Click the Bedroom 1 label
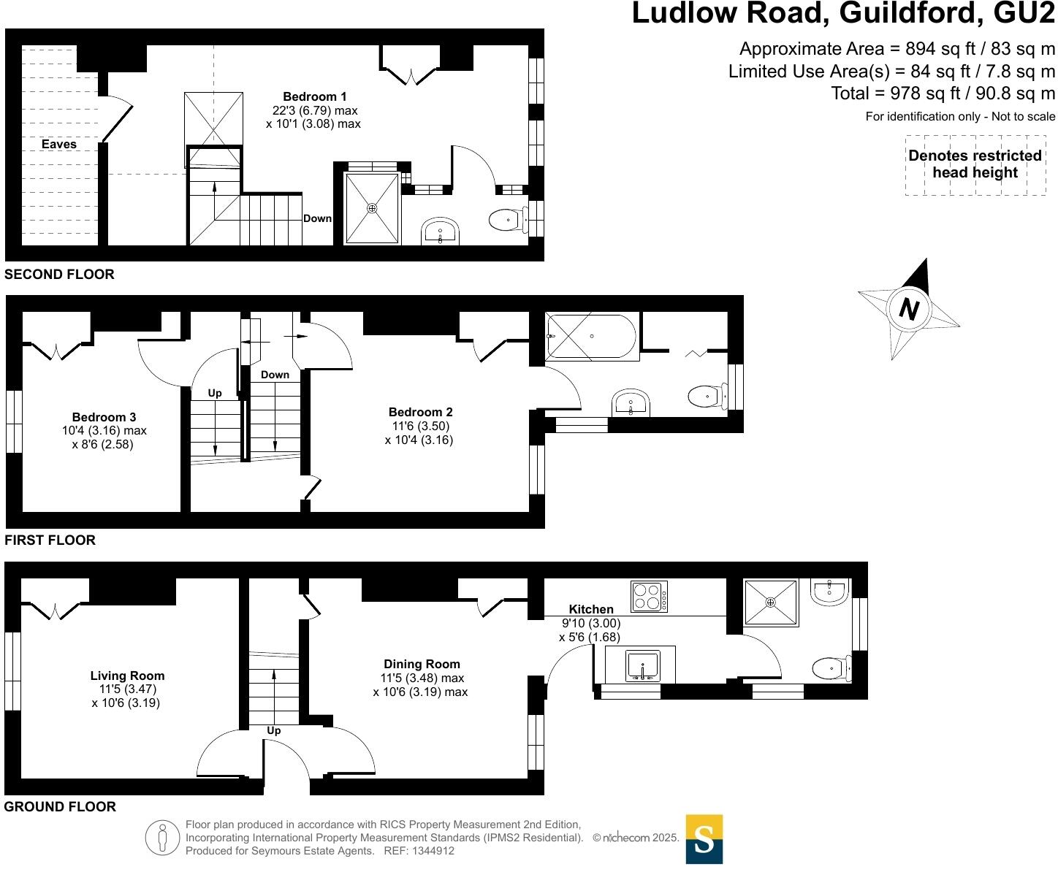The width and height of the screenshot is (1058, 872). pos(314,96)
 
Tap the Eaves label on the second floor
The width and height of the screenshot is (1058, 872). pos(58,144)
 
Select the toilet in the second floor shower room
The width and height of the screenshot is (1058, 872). pos(506,219)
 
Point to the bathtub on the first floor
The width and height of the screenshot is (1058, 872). pos(592,336)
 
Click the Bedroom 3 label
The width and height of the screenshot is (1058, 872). pos(104,417)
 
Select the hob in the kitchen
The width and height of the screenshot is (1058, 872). pos(649,596)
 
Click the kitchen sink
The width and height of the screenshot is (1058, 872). pos(642,665)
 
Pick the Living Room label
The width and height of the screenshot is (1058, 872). pos(127,676)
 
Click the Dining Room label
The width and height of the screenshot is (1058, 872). pos(422,664)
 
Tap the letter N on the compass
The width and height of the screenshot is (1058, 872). pos(908,310)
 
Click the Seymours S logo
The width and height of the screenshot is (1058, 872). pos(704,839)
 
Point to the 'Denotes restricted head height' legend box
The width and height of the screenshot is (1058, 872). pos(975,164)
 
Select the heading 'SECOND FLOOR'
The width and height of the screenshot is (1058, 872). pos(59,275)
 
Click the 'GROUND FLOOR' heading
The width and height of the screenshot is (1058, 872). pos(60,807)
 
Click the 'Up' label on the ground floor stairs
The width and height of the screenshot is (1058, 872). pos(273,730)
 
